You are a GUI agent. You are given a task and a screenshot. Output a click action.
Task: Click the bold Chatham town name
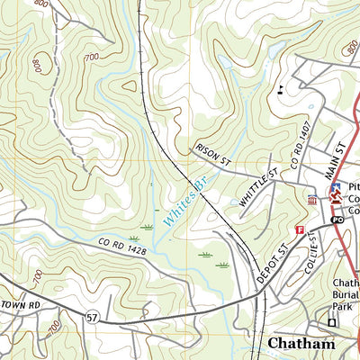coord(301,344)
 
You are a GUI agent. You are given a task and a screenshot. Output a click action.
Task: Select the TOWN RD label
coord(22,306)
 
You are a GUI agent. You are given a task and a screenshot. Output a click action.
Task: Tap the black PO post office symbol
coord(337,220)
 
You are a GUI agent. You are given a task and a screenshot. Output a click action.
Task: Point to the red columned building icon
coord(311,200)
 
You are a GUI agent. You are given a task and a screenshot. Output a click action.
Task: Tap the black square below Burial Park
coord(331,322)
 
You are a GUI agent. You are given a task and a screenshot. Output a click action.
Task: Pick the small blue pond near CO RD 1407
coord(310,105)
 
